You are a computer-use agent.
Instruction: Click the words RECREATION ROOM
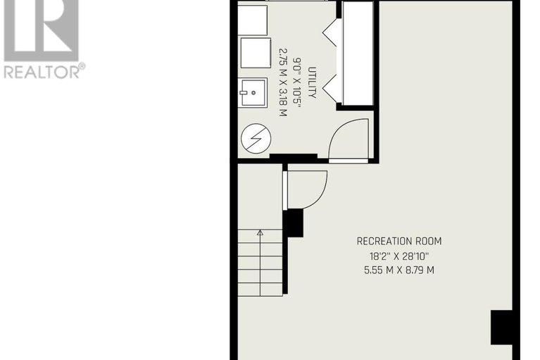click(x=398, y=242)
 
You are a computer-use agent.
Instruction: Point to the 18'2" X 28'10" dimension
click(x=398, y=256)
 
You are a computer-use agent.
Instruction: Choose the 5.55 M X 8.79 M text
click(x=398, y=270)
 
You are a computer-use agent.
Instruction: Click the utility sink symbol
click(x=254, y=92)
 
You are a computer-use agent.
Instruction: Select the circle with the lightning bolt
click(x=255, y=138)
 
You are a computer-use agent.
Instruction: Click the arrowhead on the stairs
click(x=260, y=232)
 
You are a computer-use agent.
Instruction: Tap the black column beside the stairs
click(x=293, y=223)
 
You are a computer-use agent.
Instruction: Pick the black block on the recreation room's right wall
click(x=501, y=327)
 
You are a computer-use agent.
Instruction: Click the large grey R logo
click(x=40, y=28)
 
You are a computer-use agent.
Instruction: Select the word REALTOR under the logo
click(x=40, y=70)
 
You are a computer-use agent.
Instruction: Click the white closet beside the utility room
click(x=357, y=54)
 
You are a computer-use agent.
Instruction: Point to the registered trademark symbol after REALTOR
click(x=82, y=66)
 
